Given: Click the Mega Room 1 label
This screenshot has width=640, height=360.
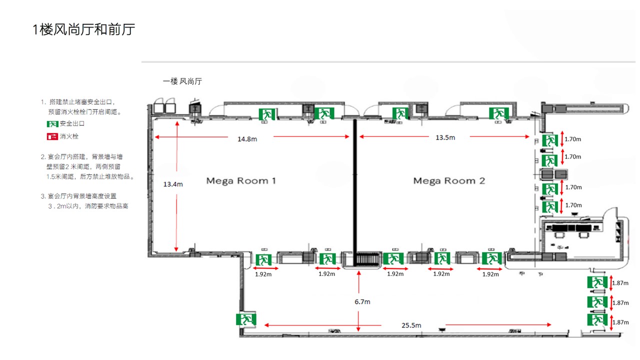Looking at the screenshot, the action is click(x=241, y=181).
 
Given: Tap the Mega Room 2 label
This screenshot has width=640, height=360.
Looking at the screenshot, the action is click(x=449, y=181).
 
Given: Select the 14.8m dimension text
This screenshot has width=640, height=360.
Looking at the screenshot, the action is click(x=247, y=139).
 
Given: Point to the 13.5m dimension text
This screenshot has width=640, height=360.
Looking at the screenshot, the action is click(x=445, y=137).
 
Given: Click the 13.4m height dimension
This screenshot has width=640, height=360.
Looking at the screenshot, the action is click(x=173, y=184).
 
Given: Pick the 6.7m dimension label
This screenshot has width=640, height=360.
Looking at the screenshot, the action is click(x=362, y=301).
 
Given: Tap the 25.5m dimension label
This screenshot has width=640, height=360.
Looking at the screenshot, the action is click(x=411, y=325).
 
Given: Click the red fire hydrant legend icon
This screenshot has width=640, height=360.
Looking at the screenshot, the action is click(x=52, y=136).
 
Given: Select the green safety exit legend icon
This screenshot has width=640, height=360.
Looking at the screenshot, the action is click(x=52, y=123).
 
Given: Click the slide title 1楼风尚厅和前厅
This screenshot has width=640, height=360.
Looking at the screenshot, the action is click(x=83, y=29).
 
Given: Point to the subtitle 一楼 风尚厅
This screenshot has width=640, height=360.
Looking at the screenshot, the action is click(x=182, y=81).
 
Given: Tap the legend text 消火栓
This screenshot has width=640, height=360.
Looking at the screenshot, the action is click(x=69, y=136).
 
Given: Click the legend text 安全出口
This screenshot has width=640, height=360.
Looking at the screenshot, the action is click(x=72, y=123).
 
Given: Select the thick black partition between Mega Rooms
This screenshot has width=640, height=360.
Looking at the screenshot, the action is click(x=355, y=192).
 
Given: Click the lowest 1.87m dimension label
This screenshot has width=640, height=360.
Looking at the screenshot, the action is click(x=620, y=322).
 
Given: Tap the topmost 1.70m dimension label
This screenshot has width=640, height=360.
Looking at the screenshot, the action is click(x=572, y=139).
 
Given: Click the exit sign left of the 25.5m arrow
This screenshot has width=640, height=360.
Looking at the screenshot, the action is click(x=246, y=319).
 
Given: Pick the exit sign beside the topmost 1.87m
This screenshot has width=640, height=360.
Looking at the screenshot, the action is click(x=597, y=283).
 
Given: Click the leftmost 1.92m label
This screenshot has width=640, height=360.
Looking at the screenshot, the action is click(x=263, y=274).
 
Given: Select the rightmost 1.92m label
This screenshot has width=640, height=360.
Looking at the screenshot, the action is click(x=490, y=274).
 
